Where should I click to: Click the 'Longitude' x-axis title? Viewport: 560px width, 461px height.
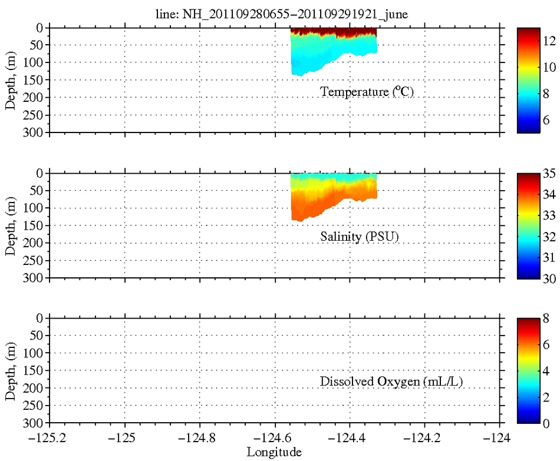pyautogui.click(x=275, y=452)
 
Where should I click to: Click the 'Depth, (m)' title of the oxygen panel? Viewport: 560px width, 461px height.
pyautogui.click(x=11, y=371)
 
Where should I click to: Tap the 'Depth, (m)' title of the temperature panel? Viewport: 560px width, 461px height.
pyautogui.click(x=11, y=80)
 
